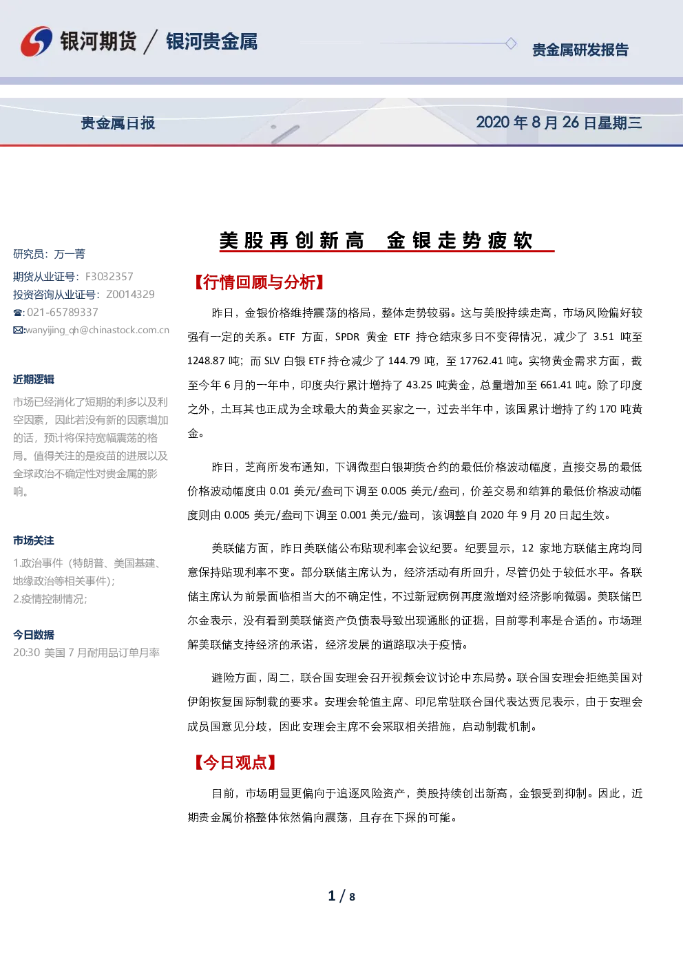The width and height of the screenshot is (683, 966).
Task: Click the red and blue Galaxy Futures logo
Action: point(36,41)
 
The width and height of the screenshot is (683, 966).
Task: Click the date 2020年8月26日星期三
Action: point(559,123)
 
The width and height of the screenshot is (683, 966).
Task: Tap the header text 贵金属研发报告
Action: point(580,50)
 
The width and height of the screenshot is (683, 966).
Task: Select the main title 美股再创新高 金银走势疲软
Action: point(376,240)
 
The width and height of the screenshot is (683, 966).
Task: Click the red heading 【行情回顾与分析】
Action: point(259,282)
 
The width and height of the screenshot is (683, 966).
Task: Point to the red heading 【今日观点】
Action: point(235,762)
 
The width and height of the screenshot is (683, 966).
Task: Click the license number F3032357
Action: point(109,276)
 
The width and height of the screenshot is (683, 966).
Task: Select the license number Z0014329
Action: point(130,295)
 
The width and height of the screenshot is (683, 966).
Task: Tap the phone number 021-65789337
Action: point(63,312)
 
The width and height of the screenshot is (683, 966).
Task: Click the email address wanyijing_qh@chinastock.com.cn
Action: point(98,330)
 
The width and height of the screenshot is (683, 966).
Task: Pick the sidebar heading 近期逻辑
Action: point(34,379)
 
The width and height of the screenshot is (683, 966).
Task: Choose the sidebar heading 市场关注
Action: point(34,540)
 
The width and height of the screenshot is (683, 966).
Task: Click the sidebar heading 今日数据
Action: point(34,635)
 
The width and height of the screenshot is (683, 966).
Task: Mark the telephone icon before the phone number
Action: point(18,313)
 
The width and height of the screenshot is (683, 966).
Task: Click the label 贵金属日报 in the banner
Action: point(118,123)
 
